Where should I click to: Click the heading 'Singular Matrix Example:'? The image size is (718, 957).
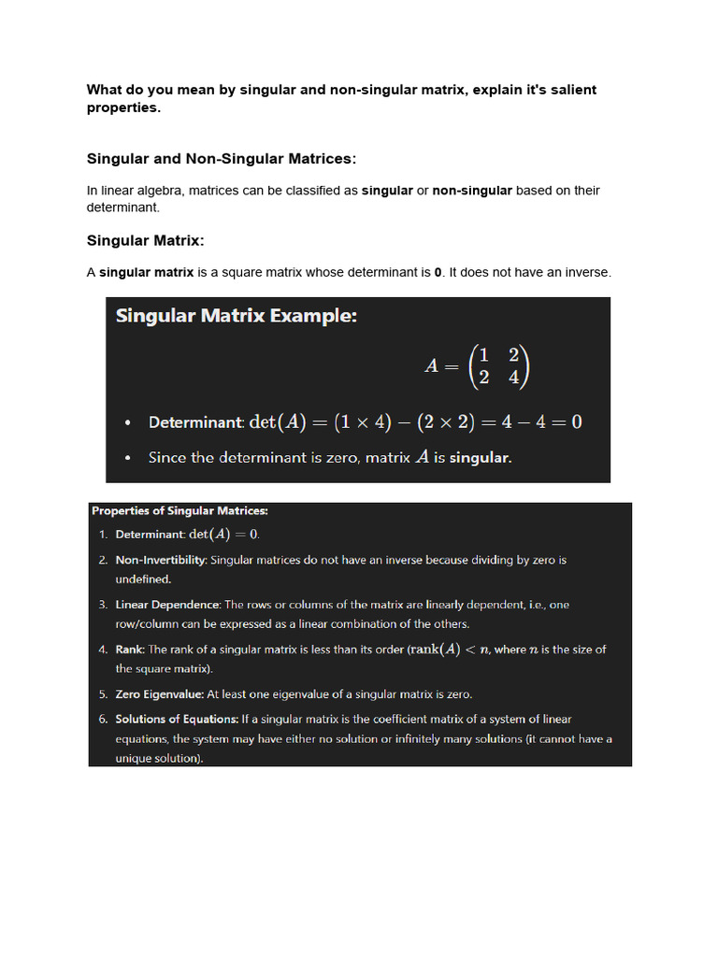236,316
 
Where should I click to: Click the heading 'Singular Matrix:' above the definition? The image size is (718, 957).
145,240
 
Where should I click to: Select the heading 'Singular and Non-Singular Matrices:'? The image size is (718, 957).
222,159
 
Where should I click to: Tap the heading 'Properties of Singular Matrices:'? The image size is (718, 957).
179,511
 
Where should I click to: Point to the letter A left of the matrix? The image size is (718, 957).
432,365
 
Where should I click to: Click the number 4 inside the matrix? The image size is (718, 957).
512,378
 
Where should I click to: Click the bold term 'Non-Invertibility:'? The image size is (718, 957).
161,560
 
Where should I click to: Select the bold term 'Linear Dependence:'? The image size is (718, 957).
168,605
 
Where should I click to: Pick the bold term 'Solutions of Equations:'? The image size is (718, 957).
177,719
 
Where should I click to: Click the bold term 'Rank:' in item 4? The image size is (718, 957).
130,650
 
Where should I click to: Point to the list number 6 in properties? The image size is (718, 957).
103,719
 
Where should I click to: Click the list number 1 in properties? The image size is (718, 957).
103,535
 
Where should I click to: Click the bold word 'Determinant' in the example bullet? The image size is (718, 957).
194,422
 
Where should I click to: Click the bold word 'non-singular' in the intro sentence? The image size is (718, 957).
471,191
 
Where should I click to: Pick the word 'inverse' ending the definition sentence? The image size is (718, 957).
586,273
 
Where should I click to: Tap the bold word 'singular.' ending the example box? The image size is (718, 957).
481,458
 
